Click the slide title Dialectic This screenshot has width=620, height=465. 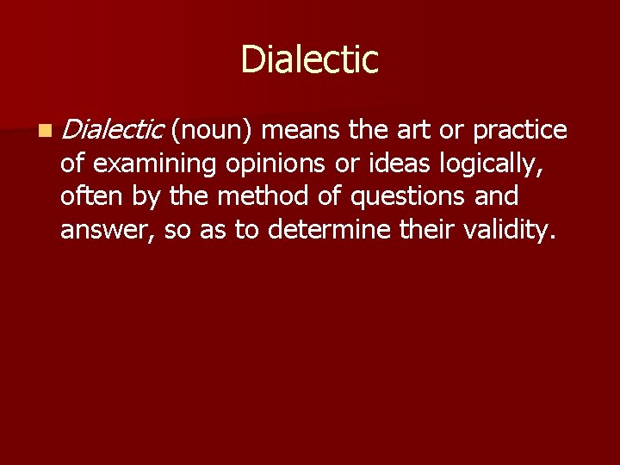[x=309, y=59]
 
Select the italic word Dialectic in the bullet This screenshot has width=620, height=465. [x=112, y=130]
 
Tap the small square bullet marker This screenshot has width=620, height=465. [x=44, y=131]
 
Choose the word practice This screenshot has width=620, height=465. [x=519, y=130]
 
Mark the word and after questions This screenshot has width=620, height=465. [x=498, y=196]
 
